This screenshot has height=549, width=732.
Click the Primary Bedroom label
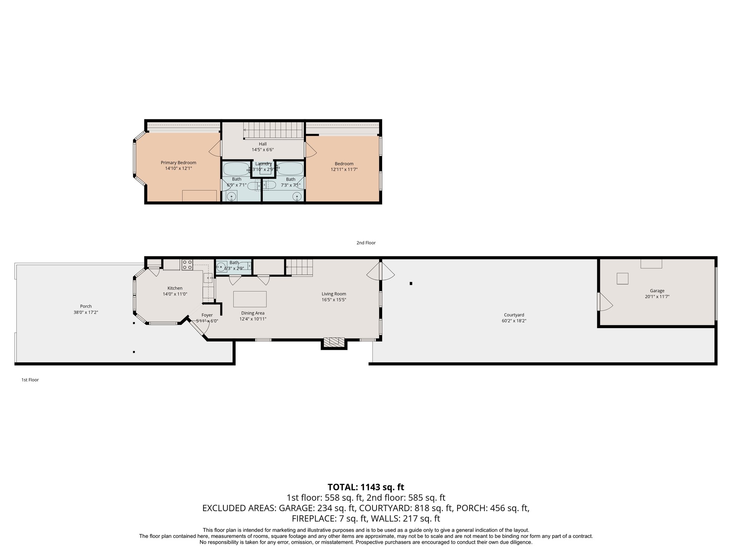pos(178,163)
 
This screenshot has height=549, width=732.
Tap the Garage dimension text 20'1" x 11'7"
pos(657,297)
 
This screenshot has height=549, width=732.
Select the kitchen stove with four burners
pos(187,264)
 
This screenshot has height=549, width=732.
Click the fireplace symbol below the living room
pos(334,342)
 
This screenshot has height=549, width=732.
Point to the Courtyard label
pos(514,315)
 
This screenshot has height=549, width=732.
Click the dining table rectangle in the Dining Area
pos(250,299)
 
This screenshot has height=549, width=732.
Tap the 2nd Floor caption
pos(366,243)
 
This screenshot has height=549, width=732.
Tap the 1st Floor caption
pos(30,380)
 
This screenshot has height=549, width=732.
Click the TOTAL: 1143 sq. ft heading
pos(366,487)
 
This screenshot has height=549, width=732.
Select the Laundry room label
pos(263,164)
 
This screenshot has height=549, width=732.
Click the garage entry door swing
pos(605,302)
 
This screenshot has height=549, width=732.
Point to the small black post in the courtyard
pos(411,283)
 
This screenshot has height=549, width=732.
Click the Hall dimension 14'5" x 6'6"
pos(263,150)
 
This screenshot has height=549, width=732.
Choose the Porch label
pos(86,306)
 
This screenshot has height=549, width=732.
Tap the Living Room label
pos(333,294)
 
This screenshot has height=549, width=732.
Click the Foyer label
pos(207,315)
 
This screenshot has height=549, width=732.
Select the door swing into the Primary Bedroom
pos(214,148)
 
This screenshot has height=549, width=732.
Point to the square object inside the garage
pos(622,278)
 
